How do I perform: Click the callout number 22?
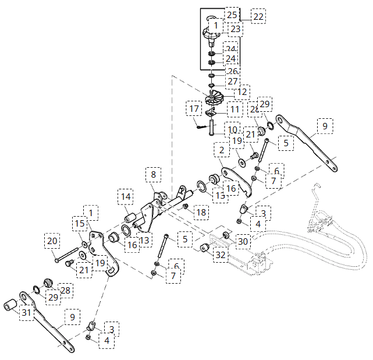point(258,16)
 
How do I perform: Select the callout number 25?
point(232,14)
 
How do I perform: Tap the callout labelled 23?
point(235,29)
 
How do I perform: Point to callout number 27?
point(233,82)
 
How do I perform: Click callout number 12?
point(242,92)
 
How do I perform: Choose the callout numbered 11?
point(235,109)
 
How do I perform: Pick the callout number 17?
point(194,108)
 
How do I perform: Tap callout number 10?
point(232,129)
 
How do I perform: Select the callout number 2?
point(221,150)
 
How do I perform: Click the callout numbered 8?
point(153,174)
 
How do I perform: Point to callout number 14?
point(126,196)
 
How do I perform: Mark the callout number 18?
point(201,213)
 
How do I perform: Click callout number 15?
point(80,224)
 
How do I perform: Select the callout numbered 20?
point(52,241)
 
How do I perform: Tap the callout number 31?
point(26,313)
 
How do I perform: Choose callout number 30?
point(243,241)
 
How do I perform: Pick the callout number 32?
point(221,255)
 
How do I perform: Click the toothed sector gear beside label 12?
point(216,98)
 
